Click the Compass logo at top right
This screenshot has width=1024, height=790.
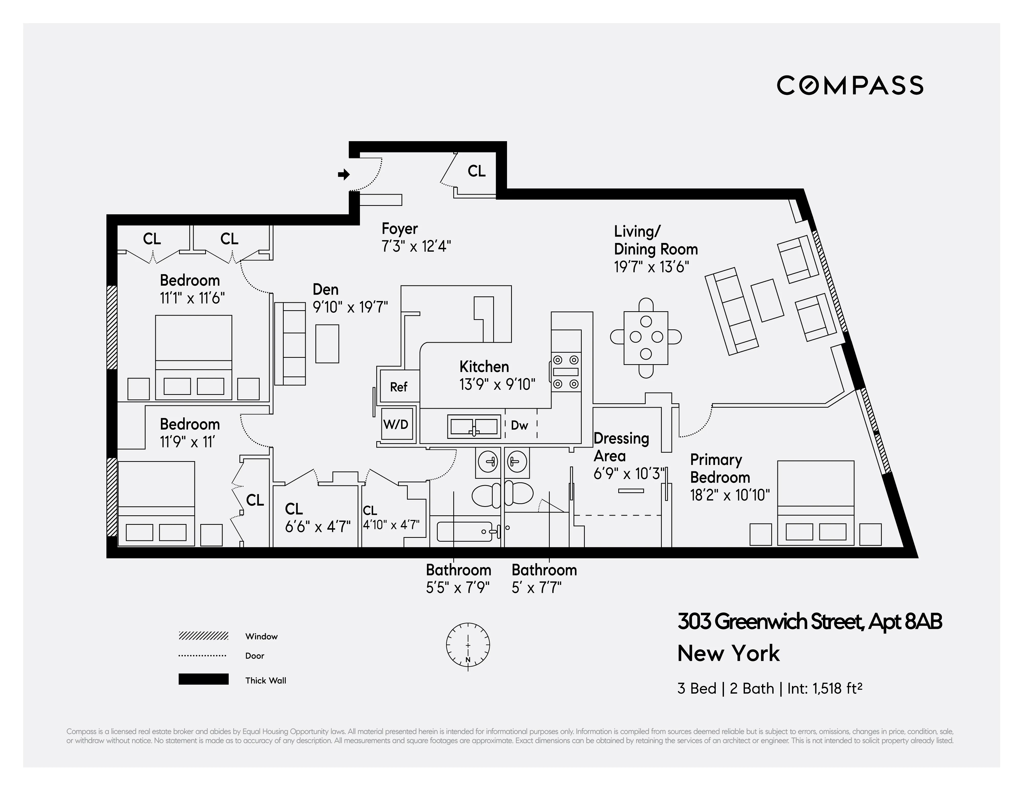(850, 85)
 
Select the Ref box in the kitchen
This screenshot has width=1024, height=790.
(399, 387)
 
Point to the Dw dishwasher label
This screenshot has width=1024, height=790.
(520, 425)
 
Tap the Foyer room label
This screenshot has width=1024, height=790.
(400, 229)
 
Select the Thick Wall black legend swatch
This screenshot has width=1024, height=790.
(203, 679)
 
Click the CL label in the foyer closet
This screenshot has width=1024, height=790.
(476, 172)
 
